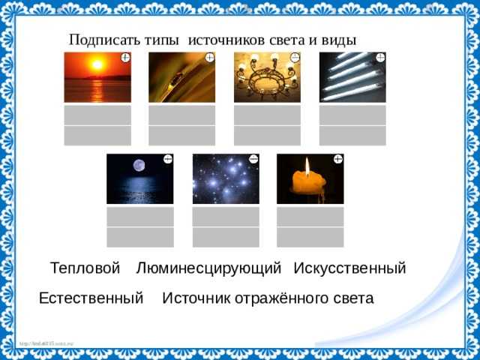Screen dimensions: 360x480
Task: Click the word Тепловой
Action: pyautogui.click(x=85, y=268)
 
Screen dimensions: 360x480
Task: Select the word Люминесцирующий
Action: pyautogui.click(x=208, y=268)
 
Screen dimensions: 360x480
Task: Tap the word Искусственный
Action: pyautogui.click(x=349, y=268)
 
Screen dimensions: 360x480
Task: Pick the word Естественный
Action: pyautogui.click(x=91, y=298)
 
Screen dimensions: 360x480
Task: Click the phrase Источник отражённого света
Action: pyautogui.click(x=268, y=298)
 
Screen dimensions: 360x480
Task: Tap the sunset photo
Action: pyautogui.click(x=97, y=77)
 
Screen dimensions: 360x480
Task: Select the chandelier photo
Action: pyautogui.click(x=267, y=77)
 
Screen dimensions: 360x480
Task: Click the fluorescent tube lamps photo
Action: pyautogui.click(x=352, y=77)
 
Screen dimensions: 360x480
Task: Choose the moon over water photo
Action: pyautogui.click(x=139, y=178)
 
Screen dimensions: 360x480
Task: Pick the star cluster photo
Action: pyautogui.click(x=226, y=178)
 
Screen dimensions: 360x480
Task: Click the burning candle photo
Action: pyautogui.click(x=310, y=178)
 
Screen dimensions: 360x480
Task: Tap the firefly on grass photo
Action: pyautogui.click(x=181, y=77)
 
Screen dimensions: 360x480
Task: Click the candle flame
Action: pyautogui.click(x=307, y=164)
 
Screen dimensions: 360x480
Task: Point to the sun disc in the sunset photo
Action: pyautogui.click(x=97, y=65)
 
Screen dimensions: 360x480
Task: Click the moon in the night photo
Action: pyautogui.click(x=139, y=166)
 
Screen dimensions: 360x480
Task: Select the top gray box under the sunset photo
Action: pyautogui.click(x=97, y=115)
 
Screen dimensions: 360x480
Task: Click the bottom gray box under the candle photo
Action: pyautogui.click(x=310, y=237)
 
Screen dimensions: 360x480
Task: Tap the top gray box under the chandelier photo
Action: pyautogui.click(x=267, y=115)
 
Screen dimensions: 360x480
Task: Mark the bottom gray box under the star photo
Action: pyautogui.click(x=226, y=237)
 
